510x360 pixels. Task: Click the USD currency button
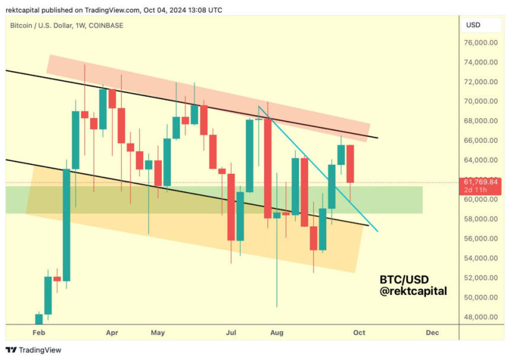pyautogui.click(x=474, y=25)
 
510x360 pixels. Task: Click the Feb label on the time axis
pyautogui.click(x=39, y=333)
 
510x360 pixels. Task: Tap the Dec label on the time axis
pyautogui.click(x=432, y=333)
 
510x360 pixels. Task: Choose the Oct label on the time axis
pyautogui.click(x=359, y=333)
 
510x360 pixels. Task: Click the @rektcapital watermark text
pyautogui.click(x=415, y=291)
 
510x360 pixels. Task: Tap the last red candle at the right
pyautogui.click(x=350, y=164)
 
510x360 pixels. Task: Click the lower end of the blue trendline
pyautogui.click(x=377, y=231)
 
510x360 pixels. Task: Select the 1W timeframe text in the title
pyautogui.click(x=81, y=25)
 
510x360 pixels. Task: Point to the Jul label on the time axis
pyautogui.click(x=232, y=333)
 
